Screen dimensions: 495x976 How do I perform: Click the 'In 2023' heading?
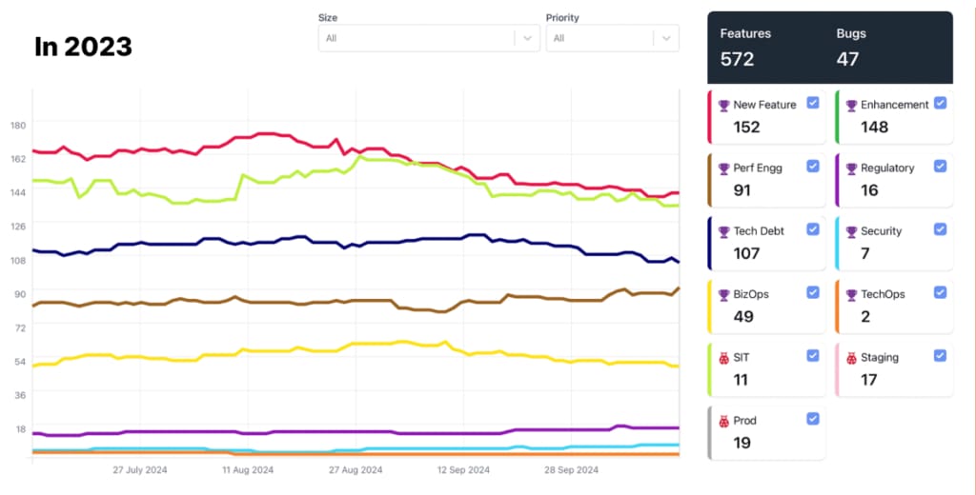(x=83, y=47)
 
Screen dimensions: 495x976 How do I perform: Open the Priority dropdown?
(x=612, y=38)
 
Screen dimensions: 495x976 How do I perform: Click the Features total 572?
(x=737, y=59)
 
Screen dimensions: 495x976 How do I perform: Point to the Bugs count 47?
(x=847, y=59)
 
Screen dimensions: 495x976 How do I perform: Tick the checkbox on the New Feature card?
(x=813, y=103)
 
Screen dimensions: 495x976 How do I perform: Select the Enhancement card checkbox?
(x=941, y=103)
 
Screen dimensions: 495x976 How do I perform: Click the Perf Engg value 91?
(x=742, y=190)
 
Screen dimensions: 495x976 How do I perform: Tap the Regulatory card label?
(x=887, y=168)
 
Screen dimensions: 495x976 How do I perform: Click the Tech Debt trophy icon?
(x=723, y=231)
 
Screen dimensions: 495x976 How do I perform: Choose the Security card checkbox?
(x=941, y=229)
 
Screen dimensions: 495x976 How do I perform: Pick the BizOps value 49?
(x=743, y=317)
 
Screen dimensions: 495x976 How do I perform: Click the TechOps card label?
(x=882, y=295)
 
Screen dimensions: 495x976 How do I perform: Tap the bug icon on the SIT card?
(x=723, y=358)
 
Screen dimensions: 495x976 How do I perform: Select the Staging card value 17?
(x=869, y=380)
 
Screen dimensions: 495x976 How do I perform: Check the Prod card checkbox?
(x=813, y=419)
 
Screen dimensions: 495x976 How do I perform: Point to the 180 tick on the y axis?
(x=17, y=125)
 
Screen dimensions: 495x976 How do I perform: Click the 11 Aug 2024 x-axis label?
(x=248, y=470)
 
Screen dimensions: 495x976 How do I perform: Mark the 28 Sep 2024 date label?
(x=572, y=470)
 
